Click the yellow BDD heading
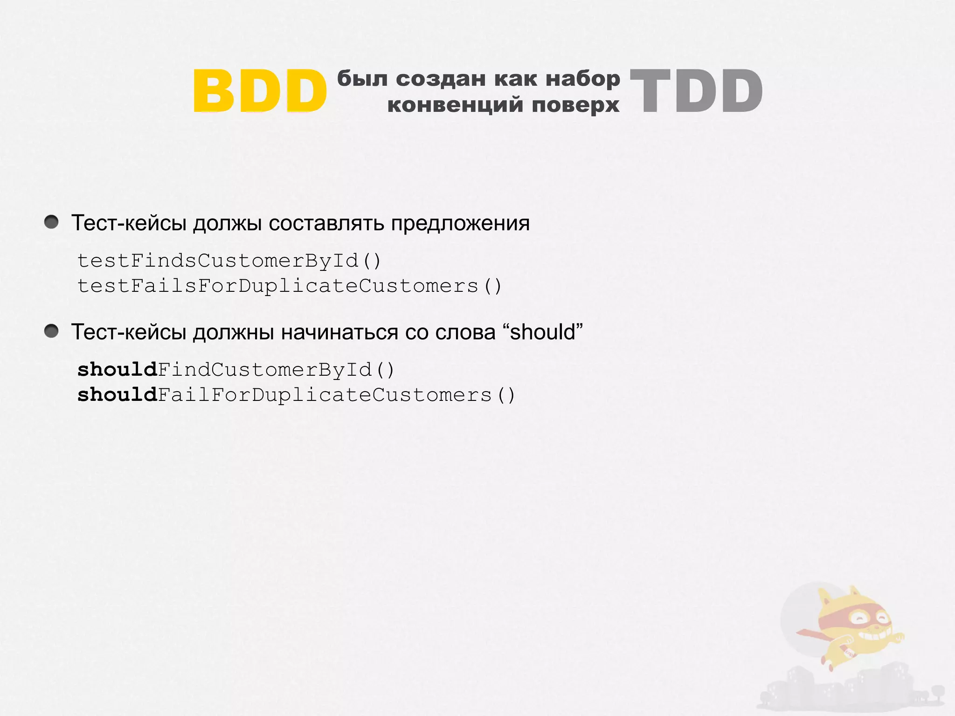tap(260, 91)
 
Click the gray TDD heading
tap(696, 91)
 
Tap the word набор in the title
tap(583, 78)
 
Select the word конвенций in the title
tap(455, 104)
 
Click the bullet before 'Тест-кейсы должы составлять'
tap(51, 222)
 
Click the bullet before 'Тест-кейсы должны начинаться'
tap(51, 331)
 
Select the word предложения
tap(460, 223)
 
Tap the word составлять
tap(326, 223)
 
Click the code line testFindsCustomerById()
tap(229, 261)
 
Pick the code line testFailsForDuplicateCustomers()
tap(289, 286)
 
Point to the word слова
tap(465, 332)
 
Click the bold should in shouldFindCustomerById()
tap(117, 370)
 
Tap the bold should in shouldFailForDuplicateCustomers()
tap(117, 395)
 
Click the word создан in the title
tap(441, 78)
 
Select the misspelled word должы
tap(227, 223)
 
